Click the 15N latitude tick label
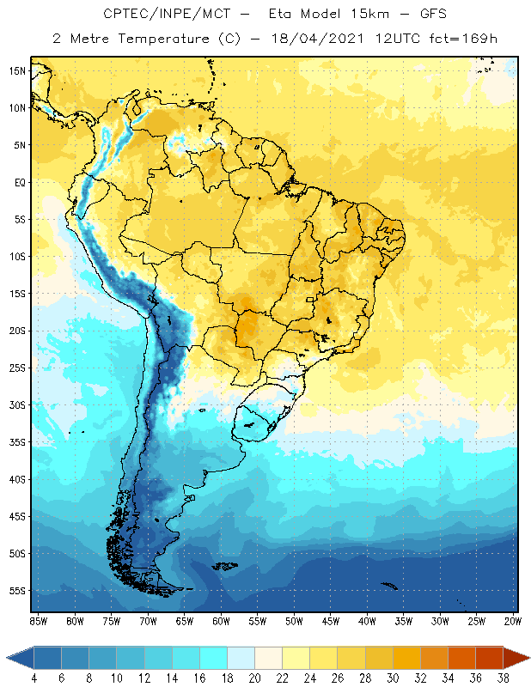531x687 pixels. point(18,70)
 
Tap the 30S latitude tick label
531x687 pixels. point(18,404)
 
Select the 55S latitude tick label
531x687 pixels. point(18,591)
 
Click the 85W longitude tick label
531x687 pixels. point(38,620)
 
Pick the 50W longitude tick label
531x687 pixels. point(295,620)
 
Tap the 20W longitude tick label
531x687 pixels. point(513,620)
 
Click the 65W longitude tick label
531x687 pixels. point(185,620)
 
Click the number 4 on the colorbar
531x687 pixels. point(34,679)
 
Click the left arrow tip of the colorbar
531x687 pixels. point(8,657)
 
